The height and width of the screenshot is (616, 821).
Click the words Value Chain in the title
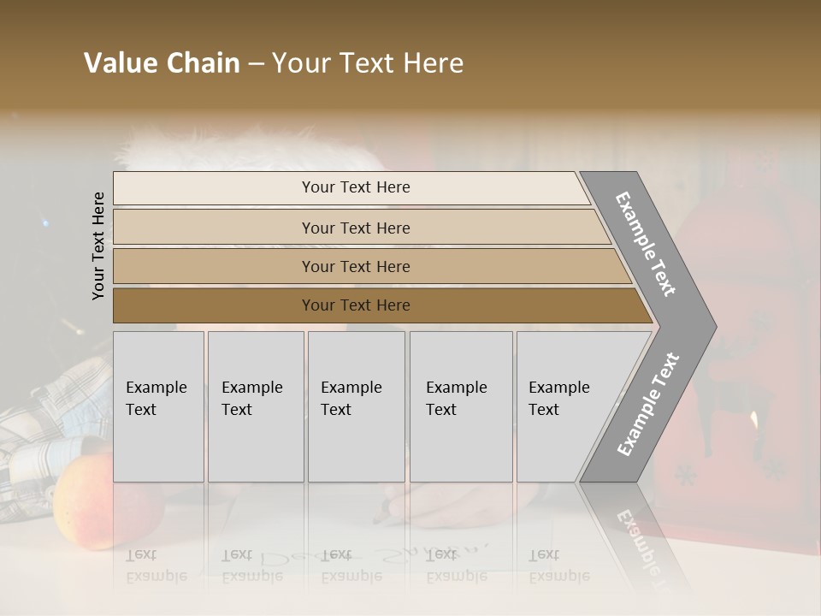(x=162, y=63)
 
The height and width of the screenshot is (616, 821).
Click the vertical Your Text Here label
(x=98, y=246)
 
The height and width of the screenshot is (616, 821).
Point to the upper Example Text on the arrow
(x=646, y=244)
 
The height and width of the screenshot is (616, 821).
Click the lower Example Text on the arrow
(x=648, y=404)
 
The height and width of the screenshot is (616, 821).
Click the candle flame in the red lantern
(x=753, y=419)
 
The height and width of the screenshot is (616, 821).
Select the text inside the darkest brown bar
(x=356, y=305)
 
